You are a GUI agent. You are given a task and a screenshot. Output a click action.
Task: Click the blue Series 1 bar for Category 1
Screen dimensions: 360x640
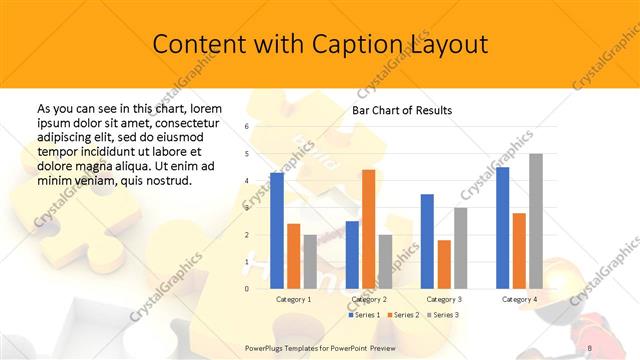[277, 231]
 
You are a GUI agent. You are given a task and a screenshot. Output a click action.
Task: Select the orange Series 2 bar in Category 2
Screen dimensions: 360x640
[368, 229]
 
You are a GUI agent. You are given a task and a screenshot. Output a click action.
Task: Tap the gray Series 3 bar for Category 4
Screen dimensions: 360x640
[536, 221]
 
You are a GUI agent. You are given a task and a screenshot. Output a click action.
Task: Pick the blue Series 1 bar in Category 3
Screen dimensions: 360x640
[426, 241]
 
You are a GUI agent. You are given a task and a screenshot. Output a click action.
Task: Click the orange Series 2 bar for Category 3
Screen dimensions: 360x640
[444, 264]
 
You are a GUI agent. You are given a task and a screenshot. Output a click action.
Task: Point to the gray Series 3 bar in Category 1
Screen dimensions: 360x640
[310, 262]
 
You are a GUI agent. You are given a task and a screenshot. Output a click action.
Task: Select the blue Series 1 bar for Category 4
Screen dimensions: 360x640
[502, 228]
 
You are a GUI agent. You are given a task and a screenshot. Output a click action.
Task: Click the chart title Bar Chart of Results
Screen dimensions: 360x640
[402, 110]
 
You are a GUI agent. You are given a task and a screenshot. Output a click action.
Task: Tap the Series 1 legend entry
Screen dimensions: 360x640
[364, 315]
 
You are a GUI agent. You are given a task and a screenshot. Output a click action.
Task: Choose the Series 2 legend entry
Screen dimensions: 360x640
[403, 315]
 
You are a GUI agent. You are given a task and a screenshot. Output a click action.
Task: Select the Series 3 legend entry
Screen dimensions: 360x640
[442, 315]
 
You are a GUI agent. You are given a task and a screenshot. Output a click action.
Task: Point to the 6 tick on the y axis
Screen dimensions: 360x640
[247, 127]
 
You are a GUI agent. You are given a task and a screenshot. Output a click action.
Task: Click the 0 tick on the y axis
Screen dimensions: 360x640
[247, 289]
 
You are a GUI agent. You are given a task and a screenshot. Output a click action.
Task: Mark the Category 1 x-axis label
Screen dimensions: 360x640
[293, 299]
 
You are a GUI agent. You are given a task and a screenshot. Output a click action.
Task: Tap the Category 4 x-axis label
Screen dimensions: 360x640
[519, 299]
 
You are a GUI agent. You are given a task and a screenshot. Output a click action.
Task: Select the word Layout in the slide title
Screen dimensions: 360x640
[448, 45]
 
